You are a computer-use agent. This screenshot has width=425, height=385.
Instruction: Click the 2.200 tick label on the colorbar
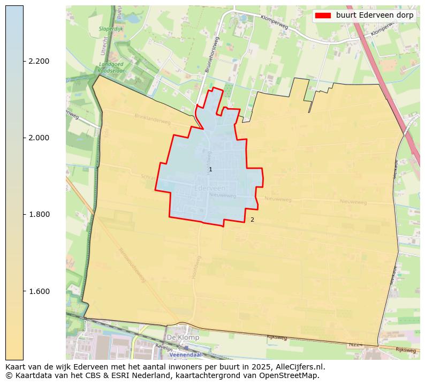39,61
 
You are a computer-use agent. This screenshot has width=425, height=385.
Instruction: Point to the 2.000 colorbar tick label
39,138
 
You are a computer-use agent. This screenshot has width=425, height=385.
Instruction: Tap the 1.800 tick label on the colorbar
39,215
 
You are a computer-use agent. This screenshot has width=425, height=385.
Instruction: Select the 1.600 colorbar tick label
39,291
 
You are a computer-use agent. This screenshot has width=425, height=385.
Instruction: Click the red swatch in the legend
323,15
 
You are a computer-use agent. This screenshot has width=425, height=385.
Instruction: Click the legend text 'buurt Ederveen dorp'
375,15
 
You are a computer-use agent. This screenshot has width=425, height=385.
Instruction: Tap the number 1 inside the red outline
210,169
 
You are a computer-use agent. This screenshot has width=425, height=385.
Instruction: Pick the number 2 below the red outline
252,220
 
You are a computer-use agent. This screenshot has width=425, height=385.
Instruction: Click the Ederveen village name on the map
210,188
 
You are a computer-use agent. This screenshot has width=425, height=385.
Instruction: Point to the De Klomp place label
183,338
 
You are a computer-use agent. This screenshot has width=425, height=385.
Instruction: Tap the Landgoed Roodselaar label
111,67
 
